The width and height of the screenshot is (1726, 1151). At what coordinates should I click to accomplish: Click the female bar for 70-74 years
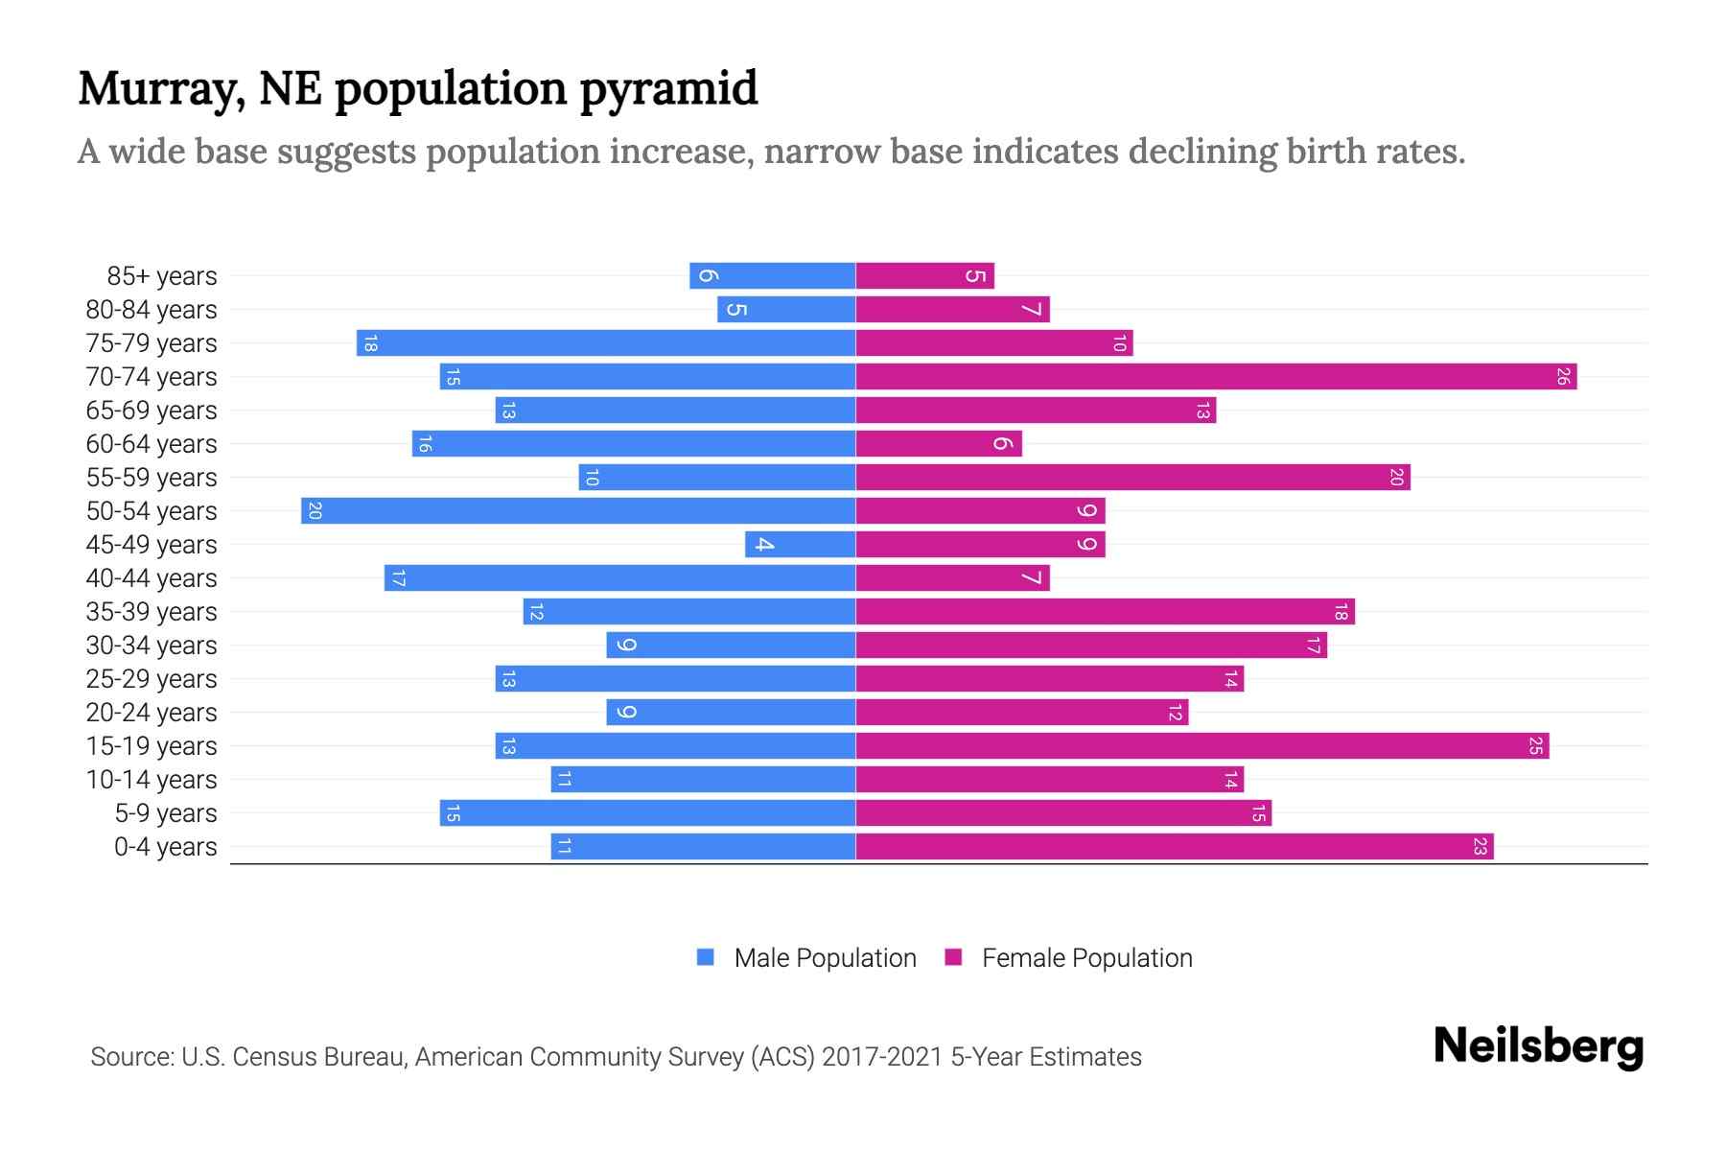(x=1216, y=377)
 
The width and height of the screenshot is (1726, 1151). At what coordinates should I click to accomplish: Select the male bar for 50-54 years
(x=578, y=511)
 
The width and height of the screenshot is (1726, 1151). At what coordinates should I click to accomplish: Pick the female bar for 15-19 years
(x=1202, y=746)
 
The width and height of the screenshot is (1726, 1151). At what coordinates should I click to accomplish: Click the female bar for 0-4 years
(x=1175, y=847)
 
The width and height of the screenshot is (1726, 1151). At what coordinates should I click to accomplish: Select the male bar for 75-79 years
(x=606, y=343)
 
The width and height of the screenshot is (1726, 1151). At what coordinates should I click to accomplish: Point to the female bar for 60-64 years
(x=939, y=444)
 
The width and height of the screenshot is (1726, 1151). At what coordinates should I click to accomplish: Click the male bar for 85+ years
(x=772, y=276)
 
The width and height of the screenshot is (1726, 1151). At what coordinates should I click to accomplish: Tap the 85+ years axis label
(x=162, y=276)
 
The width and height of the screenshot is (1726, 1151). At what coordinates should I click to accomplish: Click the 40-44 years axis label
(x=152, y=578)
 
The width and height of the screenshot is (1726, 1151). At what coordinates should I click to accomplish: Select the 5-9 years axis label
(x=166, y=813)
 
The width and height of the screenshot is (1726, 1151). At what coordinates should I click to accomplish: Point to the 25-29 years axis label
(x=152, y=679)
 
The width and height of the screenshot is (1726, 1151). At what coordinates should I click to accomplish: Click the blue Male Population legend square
(x=706, y=957)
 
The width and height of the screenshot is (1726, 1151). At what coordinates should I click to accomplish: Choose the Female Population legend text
(x=1086, y=958)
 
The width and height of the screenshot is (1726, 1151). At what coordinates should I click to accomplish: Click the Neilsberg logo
(x=1538, y=1046)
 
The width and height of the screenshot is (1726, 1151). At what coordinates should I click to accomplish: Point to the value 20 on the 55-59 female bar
(x=1396, y=478)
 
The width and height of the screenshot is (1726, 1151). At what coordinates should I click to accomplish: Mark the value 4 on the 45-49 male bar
(x=764, y=545)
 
